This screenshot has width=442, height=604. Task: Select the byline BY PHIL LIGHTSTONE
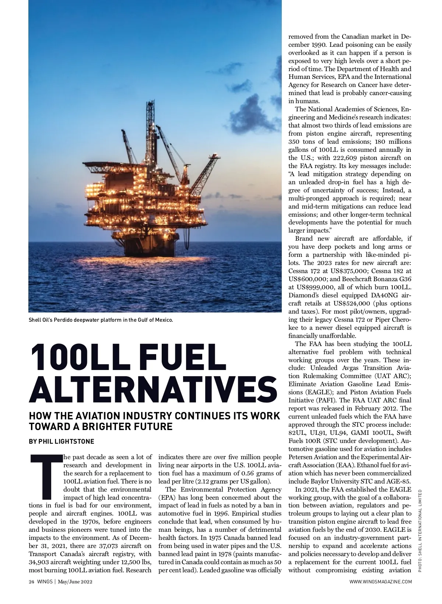point(62,441)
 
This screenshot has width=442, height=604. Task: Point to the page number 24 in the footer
point(31,582)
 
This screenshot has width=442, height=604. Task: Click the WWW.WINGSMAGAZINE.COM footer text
point(380,582)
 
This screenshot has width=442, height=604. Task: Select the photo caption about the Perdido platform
point(101,320)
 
